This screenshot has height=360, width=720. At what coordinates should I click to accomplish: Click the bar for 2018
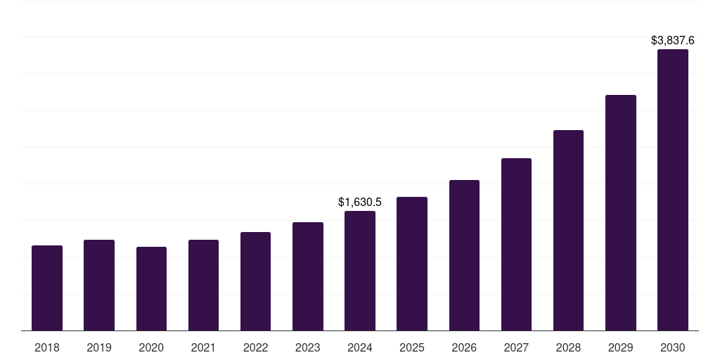pyautogui.click(x=47, y=288)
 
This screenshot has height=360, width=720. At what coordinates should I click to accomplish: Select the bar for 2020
pyautogui.click(x=151, y=289)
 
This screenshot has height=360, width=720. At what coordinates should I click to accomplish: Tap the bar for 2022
pyautogui.click(x=255, y=281)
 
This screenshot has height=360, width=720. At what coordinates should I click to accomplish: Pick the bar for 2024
pyautogui.click(x=360, y=271)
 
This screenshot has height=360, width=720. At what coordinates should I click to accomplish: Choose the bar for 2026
pyautogui.click(x=464, y=255)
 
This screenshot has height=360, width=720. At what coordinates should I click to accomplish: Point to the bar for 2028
pyautogui.click(x=568, y=231)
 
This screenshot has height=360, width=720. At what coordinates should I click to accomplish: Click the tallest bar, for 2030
pyautogui.click(x=672, y=190)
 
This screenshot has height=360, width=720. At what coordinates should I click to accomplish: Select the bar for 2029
pyautogui.click(x=620, y=213)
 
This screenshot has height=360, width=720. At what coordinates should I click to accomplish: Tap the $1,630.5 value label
pyautogui.click(x=360, y=202)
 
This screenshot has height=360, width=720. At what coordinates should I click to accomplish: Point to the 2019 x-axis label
pyautogui.click(x=99, y=347)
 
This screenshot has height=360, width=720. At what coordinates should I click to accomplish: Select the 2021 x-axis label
pyautogui.click(x=203, y=347)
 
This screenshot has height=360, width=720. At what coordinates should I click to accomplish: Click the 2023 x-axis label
pyautogui.click(x=308, y=347)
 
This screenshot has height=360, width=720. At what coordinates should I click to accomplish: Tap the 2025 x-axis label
pyautogui.click(x=412, y=347)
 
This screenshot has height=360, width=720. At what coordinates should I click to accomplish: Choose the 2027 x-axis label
pyautogui.click(x=516, y=347)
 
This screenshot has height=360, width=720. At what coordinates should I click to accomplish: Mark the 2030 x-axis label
pyautogui.click(x=672, y=347)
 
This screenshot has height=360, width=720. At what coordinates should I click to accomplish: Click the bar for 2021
pyautogui.click(x=203, y=285)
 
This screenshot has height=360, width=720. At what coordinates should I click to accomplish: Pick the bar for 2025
pyautogui.click(x=412, y=264)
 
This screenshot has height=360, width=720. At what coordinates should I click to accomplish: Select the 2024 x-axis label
pyautogui.click(x=360, y=347)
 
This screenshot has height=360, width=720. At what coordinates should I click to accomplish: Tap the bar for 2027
pyautogui.click(x=516, y=245)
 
